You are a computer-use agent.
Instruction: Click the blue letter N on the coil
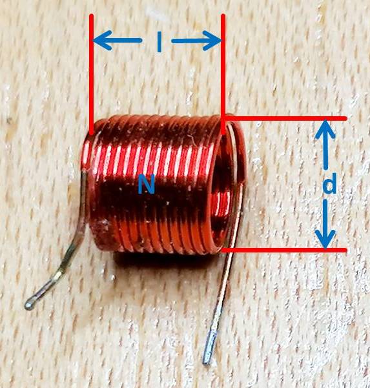tap(147, 183)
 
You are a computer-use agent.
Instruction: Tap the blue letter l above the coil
tap(159, 42)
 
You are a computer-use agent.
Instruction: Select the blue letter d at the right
tap(329, 183)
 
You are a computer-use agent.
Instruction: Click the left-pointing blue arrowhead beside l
tap(102, 40)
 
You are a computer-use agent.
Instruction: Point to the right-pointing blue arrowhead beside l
tap(212, 41)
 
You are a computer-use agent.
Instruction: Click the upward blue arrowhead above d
tap(325, 129)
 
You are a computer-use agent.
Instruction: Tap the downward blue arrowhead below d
tap(325, 239)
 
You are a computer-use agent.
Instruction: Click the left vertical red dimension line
tap(92, 74)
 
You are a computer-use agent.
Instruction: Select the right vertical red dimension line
tap(223, 74)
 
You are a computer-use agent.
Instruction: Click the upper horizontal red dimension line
tap(285, 119)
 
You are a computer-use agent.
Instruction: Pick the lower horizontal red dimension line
tap(285, 250)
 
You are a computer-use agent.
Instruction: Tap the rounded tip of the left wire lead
tap(29, 305)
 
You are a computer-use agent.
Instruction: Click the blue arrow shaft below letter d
tap(325, 215)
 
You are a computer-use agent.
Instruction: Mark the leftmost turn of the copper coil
tap(87, 183)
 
